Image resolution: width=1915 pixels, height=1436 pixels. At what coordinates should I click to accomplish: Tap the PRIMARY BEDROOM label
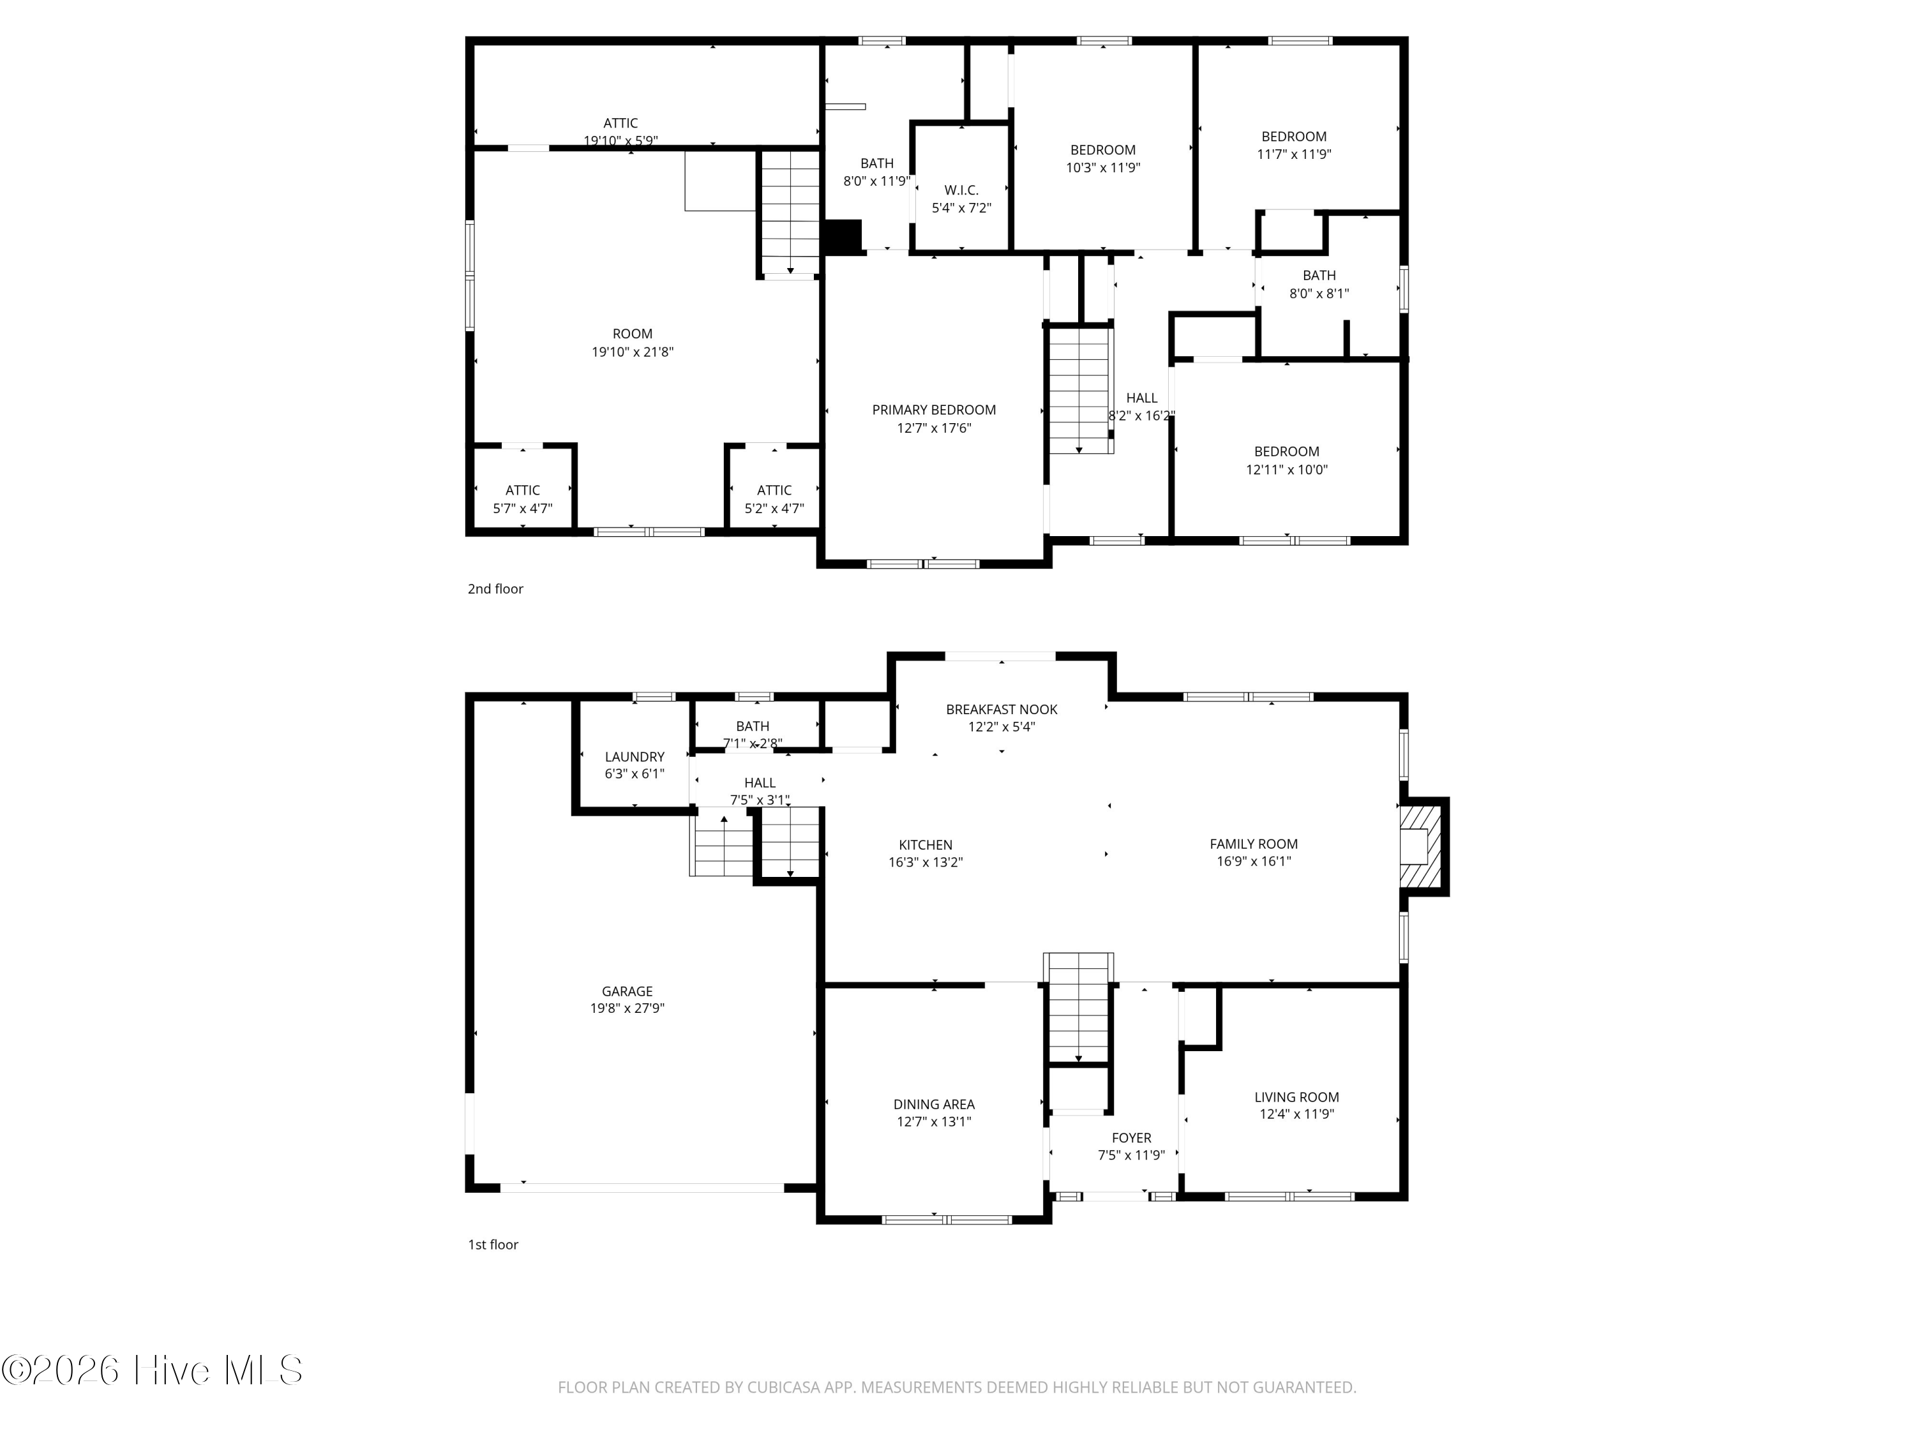point(933,410)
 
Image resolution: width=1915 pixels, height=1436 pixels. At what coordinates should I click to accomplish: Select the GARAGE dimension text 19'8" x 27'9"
point(627,1008)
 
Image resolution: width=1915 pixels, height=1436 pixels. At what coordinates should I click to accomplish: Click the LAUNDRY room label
point(635,756)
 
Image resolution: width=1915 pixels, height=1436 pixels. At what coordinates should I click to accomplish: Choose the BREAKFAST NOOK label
point(1002,709)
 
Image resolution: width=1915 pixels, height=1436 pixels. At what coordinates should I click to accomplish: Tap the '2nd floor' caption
point(495,588)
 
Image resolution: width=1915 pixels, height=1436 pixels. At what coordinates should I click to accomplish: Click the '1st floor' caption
point(493,1245)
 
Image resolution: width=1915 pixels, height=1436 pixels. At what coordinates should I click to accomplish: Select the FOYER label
point(1132,1138)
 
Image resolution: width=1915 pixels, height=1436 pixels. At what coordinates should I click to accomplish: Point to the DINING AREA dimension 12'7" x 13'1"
point(933,1122)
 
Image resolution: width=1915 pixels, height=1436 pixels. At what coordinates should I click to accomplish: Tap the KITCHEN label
point(926,845)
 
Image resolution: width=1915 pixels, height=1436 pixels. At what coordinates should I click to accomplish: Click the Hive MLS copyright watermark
point(153,1370)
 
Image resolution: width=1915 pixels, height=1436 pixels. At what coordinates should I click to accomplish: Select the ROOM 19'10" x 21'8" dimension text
point(632,352)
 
